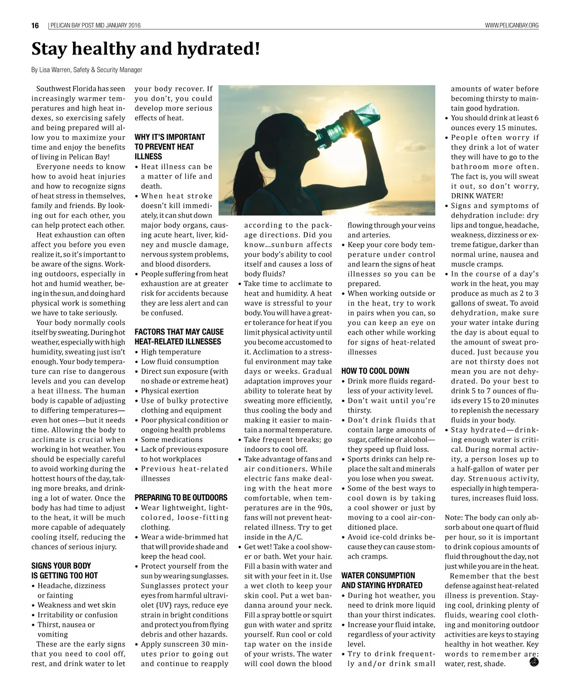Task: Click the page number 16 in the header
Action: [35, 26]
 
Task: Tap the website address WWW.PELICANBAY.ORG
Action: [512, 26]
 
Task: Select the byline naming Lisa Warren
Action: [86, 70]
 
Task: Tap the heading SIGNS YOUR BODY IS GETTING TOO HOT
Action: [65, 570]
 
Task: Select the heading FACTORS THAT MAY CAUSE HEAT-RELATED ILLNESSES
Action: [179, 337]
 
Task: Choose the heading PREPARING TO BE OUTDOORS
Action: [181, 498]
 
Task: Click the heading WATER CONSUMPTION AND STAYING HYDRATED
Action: [382, 580]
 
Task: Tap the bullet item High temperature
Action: [170, 352]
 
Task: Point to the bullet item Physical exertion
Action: [169, 391]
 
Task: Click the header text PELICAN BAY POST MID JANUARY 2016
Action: [95, 26]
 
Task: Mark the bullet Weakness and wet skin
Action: [76, 605]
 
